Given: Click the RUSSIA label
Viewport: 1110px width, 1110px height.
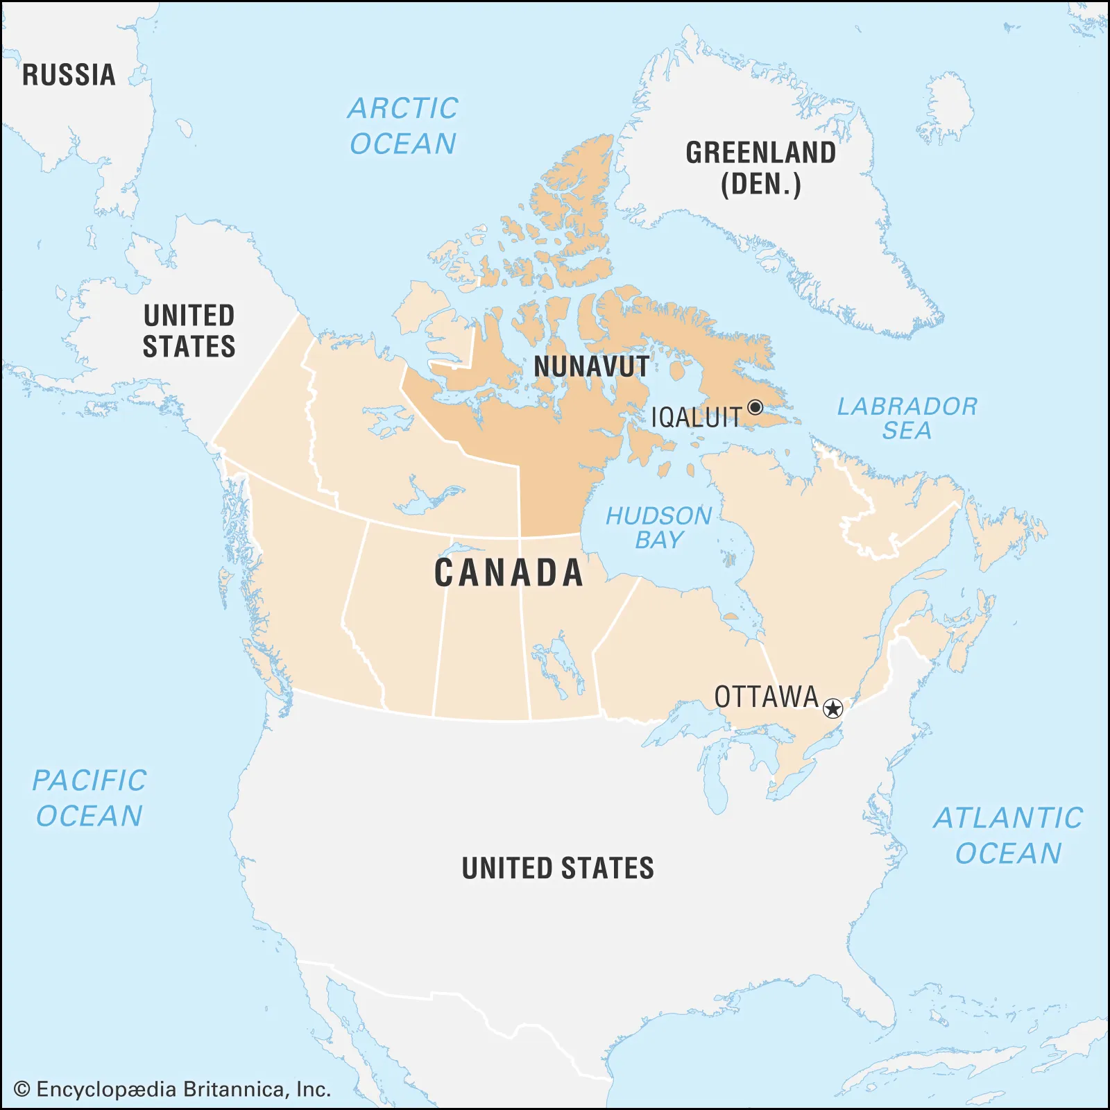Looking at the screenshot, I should pyautogui.click(x=69, y=75).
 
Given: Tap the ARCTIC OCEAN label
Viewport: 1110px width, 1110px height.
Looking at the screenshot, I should pyautogui.click(x=403, y=126).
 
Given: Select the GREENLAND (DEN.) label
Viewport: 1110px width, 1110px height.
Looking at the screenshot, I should pyautogui.click(x=761, y=169).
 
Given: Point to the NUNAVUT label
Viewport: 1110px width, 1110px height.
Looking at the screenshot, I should pyautogui.click(x=591, y=366).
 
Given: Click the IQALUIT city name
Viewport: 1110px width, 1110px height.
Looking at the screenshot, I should pyautogui.click(x=696, y=418).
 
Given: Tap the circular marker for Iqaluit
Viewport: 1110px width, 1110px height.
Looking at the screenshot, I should pyautogui.click(x=755, y=407).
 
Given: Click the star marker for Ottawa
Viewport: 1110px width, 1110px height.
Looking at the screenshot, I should pyautogui.click(x=832, y=708).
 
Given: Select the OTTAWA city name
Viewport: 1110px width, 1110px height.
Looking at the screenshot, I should pyautogui.click(x=767, y=697).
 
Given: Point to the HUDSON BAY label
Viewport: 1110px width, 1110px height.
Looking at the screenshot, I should pyautogui.click(x=658, y=527).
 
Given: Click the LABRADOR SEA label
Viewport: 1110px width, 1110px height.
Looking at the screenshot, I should pyautogui.click(x=907, y=418).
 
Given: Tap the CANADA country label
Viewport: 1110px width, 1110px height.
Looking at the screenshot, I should pyautogui.click(x=509, y=573).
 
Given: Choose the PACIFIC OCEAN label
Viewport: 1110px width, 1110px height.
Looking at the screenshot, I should pyautogui.click(x=89, y=798).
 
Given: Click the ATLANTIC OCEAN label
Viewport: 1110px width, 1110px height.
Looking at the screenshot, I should pyautogui.click(x=1008, y=835).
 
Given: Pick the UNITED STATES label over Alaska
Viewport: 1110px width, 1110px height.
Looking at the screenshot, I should pyautogui.click(x=189, y=331).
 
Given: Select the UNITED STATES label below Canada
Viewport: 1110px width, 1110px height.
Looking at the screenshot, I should pyautogui.click(x=558, y=868).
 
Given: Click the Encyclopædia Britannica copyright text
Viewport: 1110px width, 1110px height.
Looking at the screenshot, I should pyautogui.click(x=172, y=1089).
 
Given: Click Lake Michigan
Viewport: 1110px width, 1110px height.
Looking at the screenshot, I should pyautogui.click(x=717, y=777).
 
